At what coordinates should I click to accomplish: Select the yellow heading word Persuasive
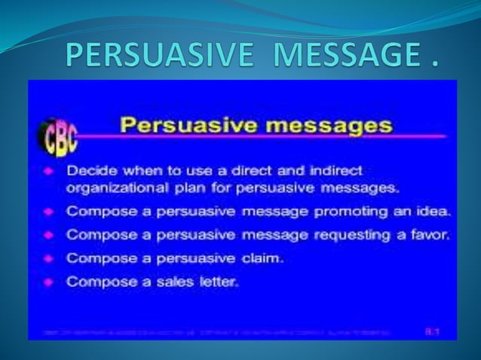183,125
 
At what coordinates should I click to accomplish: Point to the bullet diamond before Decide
46,170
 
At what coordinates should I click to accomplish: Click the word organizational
114,188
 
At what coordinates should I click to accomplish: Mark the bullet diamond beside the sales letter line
46,282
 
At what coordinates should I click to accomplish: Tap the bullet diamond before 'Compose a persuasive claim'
46,258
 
